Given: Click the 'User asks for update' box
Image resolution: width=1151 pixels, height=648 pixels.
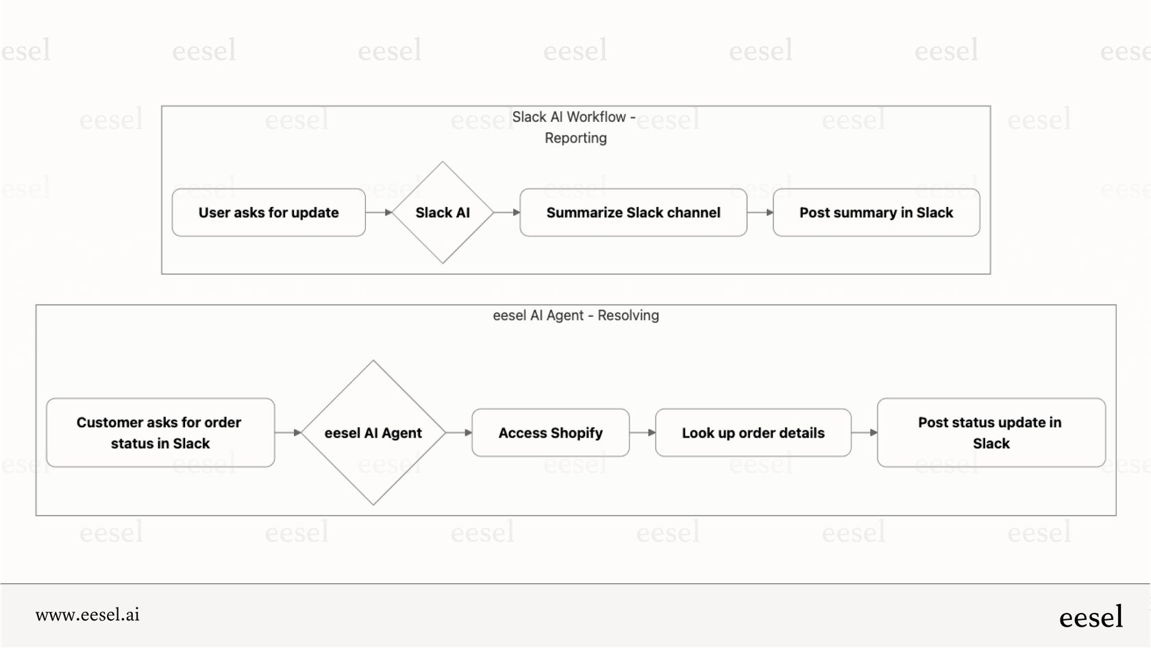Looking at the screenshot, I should point(269,213).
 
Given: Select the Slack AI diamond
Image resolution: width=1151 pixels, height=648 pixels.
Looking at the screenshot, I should point(443,213).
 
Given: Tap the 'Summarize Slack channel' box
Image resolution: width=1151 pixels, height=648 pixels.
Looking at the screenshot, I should point(633,213).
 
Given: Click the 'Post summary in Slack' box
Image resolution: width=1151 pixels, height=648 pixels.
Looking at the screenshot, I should point(876,213).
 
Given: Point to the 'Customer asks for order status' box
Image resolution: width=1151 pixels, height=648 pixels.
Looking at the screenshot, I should point(160,433).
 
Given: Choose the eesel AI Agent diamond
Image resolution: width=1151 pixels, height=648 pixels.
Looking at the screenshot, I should point(373,433).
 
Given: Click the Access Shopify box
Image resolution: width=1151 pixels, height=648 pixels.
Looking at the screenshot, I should point(550,433).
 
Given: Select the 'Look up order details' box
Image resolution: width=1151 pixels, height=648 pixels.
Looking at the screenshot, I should point(753,433).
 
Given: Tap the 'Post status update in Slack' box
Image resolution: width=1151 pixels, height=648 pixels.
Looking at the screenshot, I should point(991,433).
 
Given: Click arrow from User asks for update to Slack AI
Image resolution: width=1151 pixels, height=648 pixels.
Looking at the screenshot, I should point(379,213).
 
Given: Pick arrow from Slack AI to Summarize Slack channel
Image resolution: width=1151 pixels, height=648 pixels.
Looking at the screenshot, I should point(507,213).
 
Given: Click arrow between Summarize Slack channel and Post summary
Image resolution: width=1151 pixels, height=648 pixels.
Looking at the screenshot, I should point(760,213).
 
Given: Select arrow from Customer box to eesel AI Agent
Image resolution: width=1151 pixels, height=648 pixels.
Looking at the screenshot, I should point(288,433).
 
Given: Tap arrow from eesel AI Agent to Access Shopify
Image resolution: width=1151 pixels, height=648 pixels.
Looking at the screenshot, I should point(458,433).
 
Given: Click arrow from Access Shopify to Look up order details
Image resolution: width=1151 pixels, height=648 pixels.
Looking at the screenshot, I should point(642,433).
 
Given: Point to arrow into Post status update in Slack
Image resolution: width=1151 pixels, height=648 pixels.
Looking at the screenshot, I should point(864,433).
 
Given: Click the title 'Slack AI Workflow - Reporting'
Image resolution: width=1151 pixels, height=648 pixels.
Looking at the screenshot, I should point(575,128).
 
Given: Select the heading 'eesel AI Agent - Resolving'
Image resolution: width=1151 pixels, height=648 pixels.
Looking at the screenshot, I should point(575,315).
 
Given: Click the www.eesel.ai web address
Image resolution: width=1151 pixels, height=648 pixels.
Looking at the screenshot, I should point(88,615).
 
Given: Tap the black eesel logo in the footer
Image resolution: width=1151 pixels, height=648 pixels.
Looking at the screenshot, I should point(1091,617).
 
